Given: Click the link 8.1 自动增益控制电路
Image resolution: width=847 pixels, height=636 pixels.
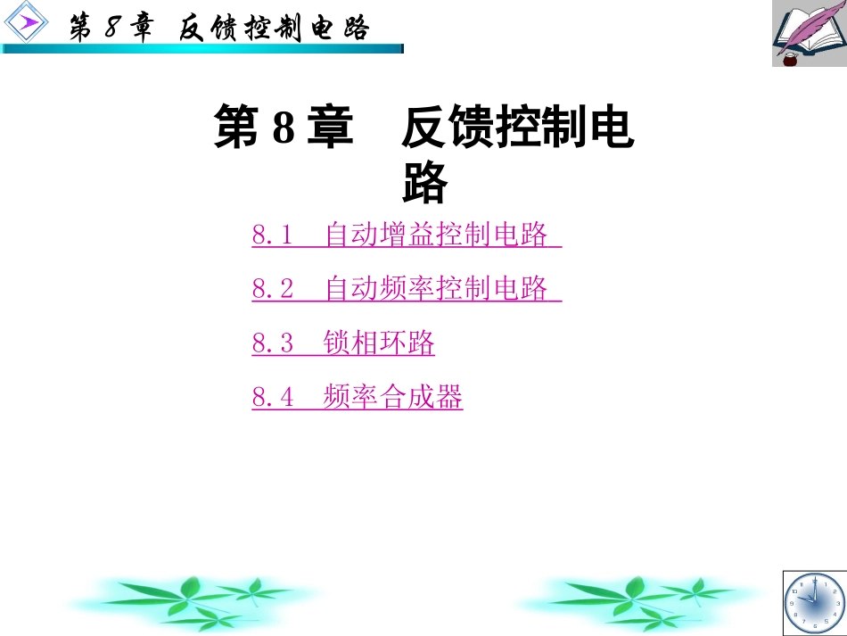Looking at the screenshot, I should (x=407, y=235).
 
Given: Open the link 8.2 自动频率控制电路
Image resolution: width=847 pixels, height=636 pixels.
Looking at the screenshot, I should (x=407, y=289).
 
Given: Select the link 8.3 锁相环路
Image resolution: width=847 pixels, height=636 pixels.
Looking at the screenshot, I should (x=343, y=343).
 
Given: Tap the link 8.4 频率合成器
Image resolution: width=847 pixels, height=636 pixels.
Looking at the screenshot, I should (x=358, y=397).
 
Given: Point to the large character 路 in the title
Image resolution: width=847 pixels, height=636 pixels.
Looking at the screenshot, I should (x=424, y=183).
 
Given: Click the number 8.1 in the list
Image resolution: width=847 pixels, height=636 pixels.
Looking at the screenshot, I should (x=272, y=236).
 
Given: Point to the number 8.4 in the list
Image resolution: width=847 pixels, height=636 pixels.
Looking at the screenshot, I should (x=272, y=398).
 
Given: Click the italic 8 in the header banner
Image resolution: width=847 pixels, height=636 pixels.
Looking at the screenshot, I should (x=112, y=28).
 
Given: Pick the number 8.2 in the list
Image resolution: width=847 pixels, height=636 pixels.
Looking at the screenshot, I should (x=272, y=290).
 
